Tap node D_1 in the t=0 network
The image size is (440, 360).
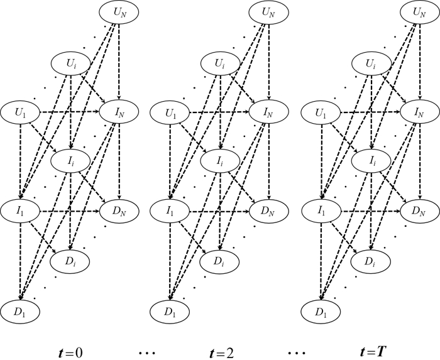coord(21,310)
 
